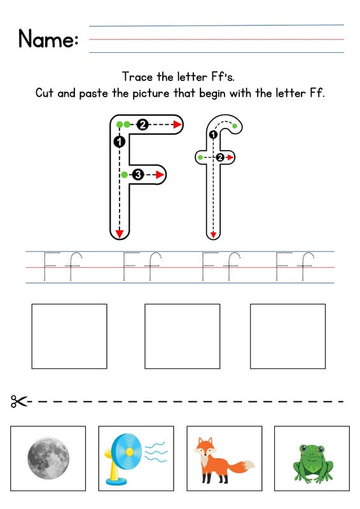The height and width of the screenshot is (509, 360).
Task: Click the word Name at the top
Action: tap(48, 39)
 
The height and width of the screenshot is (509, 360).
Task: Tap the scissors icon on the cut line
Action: tap(19, 401)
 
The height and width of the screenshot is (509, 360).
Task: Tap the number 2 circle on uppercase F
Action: tap(142, 125)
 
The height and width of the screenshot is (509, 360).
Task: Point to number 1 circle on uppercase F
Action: tap(119, 142)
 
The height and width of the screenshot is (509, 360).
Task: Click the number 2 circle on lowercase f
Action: tap(220, 157)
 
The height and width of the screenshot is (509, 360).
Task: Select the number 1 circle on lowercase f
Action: tap(213, 134)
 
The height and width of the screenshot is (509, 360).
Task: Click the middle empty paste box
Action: tap(182, 336)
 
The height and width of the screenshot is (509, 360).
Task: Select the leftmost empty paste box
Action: tap(69, 336)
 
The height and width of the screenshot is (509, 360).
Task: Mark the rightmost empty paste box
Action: tap(287, 336)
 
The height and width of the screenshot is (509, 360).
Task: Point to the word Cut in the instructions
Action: tap(45, 93)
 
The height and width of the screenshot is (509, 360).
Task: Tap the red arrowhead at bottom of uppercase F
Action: tap(119, 234)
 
